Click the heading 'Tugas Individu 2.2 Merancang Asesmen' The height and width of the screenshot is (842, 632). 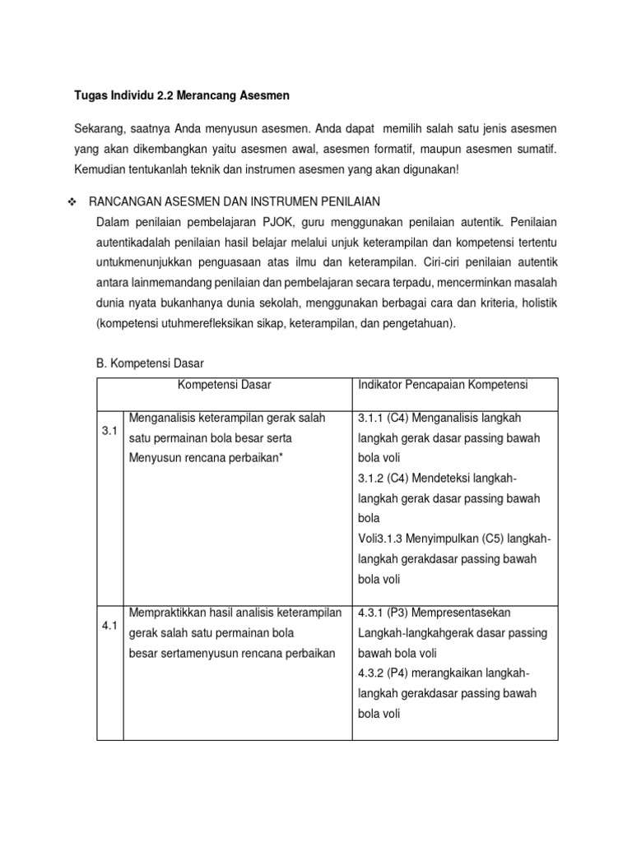182,96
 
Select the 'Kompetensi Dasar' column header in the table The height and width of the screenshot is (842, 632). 224,385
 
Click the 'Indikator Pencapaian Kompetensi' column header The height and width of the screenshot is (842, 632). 443,385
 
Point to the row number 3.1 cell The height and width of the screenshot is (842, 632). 109,430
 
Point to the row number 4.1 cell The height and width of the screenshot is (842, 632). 109,626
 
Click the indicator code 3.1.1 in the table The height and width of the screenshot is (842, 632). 373,418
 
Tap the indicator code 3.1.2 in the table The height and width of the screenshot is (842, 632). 373,479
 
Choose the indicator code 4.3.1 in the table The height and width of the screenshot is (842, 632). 373,613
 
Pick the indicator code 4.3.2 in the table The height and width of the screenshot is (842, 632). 373,673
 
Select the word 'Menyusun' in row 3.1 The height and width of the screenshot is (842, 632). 154,458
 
